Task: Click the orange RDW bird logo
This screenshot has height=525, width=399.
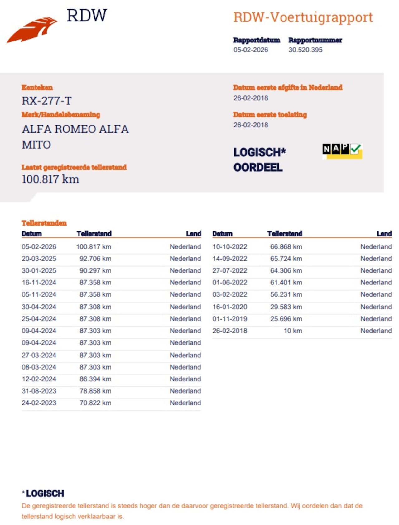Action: (x=32, y=30)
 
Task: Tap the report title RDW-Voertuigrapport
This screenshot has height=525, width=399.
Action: (x=303, y=17)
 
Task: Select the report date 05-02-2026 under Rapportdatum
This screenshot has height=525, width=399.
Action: (x=251, y=50)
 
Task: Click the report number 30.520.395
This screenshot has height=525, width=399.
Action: (x=305, y=50)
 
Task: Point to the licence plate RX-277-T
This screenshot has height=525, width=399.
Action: (x=46, y=101)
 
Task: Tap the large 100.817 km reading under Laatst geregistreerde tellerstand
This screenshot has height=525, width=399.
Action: (x=50, y=179)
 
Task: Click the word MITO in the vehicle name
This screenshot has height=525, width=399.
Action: (x=36, y=145)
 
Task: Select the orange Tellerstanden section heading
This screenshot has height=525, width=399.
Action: (x=44, y=223)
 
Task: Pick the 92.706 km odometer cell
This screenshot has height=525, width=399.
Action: (x=95, y=259)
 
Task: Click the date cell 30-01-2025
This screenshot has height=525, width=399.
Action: (x=39, y=270)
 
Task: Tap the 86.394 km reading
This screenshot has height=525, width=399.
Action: (x=95, y=379)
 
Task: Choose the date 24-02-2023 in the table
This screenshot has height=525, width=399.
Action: (x=39, y=403)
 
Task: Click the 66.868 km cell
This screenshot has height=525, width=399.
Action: (x=286, y=247)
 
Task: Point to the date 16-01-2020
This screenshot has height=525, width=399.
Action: (x=229, y=307)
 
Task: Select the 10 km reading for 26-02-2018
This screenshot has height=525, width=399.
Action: (x=292, y=331)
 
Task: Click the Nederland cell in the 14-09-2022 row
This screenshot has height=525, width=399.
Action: (x=376, y=259)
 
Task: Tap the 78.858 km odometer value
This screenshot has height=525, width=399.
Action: (x=95, y=391)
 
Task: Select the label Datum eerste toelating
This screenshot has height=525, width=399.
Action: (x=270, y=115)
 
